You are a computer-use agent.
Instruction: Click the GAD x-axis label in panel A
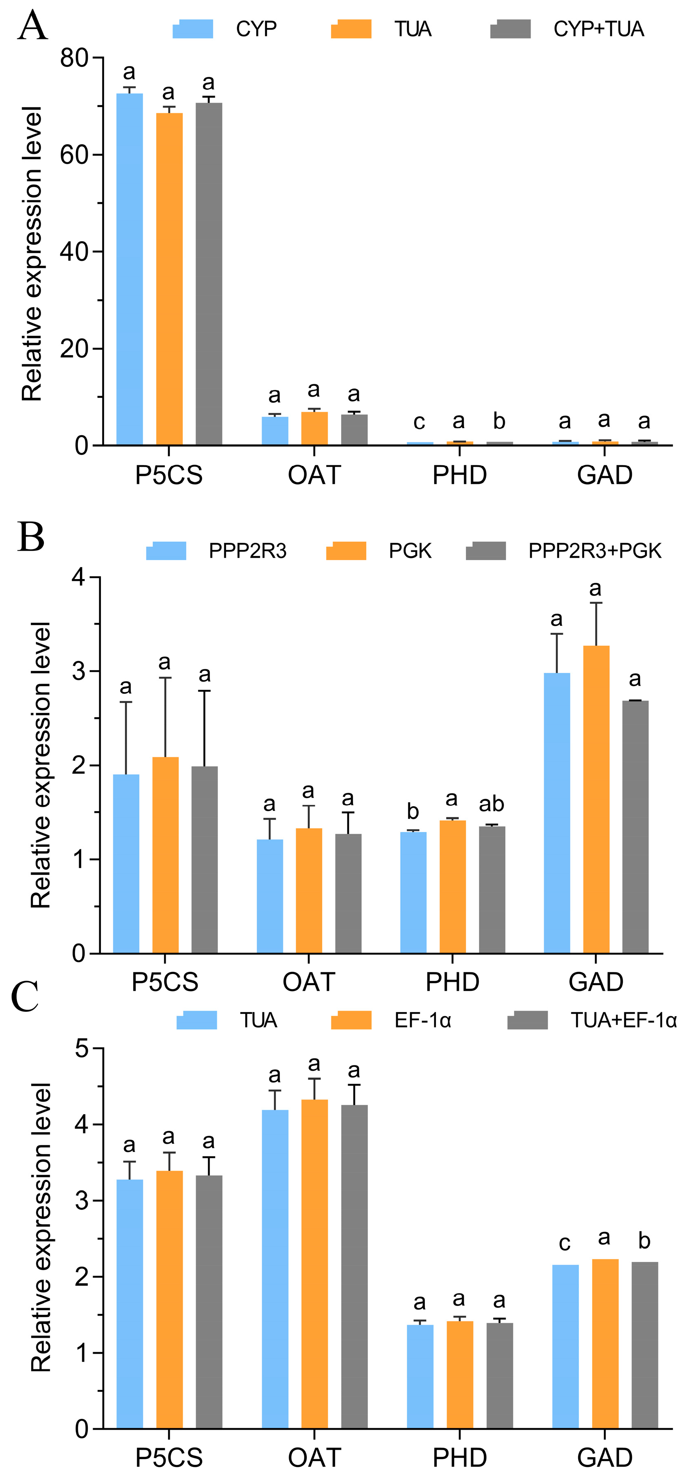click(x=604, y=475)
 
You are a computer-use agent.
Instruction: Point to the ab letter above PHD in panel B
click(x=492, y=804)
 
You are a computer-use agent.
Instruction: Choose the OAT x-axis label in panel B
click(x=309, y=982)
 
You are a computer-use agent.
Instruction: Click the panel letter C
click(x=25, y=997)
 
